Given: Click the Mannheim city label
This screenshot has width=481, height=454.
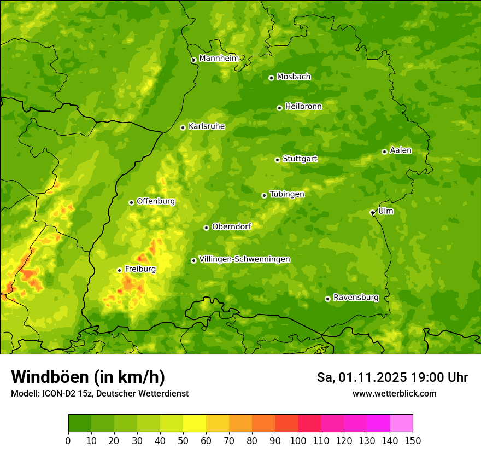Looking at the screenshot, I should (219, 59).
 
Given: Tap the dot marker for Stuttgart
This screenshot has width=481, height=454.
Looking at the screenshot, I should (277, 160).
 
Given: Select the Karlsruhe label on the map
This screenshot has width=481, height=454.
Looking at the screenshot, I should (207, 126).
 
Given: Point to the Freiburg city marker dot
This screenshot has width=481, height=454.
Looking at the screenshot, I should (119, 270).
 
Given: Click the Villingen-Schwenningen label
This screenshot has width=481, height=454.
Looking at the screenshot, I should (244, 259).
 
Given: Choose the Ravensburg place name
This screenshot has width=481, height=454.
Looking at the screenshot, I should (356, 298).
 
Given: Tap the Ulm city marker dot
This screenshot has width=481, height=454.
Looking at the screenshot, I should (372, 212).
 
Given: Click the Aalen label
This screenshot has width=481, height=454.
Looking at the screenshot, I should (401, 150).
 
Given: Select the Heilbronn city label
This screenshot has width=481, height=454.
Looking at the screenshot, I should (303, 107).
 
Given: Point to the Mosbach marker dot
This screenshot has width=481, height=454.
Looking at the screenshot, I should (271, 78).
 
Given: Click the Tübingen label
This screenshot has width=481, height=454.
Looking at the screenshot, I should (287, 194).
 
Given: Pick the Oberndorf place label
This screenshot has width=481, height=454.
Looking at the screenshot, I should (231, 226).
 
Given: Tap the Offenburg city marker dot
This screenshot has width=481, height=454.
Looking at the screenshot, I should (131, 202).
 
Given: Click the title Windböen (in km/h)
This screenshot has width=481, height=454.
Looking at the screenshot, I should (88, 377).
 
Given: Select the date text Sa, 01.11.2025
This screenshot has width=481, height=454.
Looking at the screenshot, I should (361, 377).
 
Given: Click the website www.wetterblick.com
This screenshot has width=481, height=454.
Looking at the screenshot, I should (394, 394).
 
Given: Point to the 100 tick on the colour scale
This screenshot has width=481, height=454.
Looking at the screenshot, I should (298, 440).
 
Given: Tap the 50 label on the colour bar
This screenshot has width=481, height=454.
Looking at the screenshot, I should (183, 440).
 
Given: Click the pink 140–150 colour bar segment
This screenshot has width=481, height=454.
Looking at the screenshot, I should (401, 423).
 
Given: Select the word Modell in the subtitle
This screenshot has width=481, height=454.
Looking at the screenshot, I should (25, 394).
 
